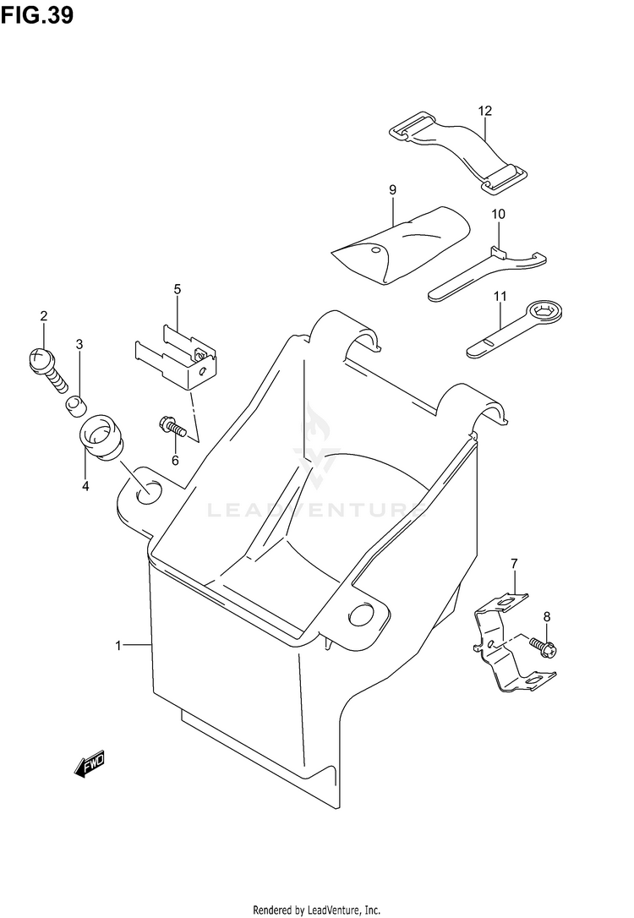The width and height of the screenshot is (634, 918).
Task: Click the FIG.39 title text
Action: point(36,15)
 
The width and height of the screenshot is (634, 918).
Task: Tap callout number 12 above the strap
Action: point(484,111)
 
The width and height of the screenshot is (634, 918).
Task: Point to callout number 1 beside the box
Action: point(120,646)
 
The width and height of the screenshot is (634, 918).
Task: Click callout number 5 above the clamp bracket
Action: point(178,289)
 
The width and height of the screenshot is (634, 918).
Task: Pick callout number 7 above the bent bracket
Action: point(512,563)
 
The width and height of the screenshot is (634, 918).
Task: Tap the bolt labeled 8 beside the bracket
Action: point(542,647)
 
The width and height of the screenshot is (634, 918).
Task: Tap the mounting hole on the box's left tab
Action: point(146,489)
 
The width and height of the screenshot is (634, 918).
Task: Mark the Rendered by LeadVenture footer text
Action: point(316,909)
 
